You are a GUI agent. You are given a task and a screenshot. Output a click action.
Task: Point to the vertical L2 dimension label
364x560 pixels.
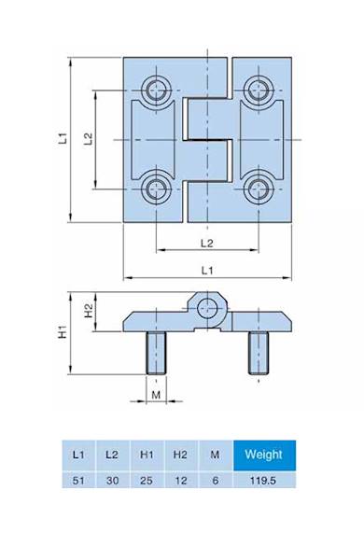point(89,139)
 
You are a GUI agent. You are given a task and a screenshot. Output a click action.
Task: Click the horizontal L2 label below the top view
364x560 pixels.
point(207,244)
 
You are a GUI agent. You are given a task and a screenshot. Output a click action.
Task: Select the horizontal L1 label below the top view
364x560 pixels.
point(207,271)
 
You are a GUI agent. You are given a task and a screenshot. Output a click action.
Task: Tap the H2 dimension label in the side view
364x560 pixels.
point(89,310)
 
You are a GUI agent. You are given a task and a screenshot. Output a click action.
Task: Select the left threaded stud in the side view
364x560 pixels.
point(156,354)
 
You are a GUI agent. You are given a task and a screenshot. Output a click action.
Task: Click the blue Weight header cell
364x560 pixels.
point(263,455)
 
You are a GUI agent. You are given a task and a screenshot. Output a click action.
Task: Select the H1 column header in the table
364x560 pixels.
point(147,455)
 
